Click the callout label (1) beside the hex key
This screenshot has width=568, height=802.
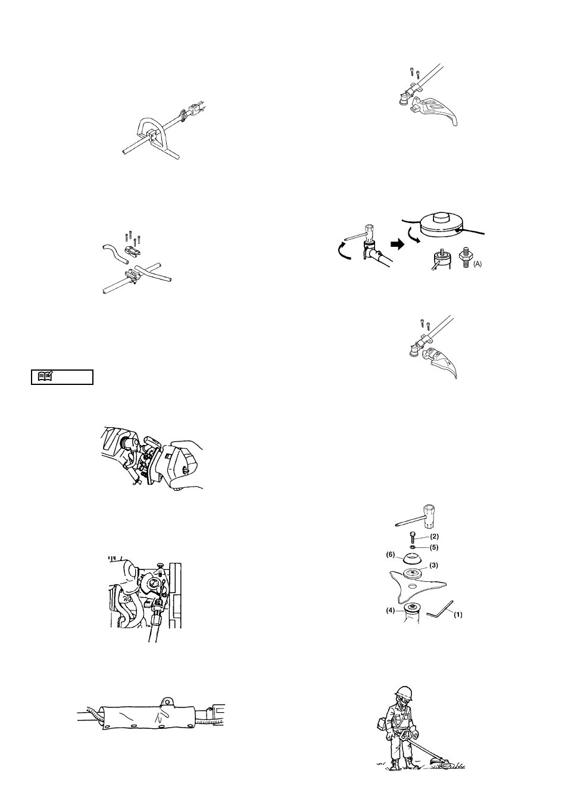(458, 615)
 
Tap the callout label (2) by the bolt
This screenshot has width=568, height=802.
(434, 537)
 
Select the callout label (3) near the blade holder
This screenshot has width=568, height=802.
(433, 565)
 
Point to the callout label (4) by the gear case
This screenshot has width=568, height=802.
(390, 610)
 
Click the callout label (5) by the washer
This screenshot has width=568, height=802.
(434, 547)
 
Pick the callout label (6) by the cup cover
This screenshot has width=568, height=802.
(390, 555)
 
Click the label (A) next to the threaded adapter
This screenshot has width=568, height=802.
(478, 264)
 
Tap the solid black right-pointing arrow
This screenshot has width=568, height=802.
(397, 245)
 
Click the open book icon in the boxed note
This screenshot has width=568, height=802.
(45, 376)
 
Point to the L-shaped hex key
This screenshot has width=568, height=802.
(439, 609)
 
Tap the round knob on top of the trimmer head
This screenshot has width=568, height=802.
(440, 217)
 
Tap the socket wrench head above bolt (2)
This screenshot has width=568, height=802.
(429, 516)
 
